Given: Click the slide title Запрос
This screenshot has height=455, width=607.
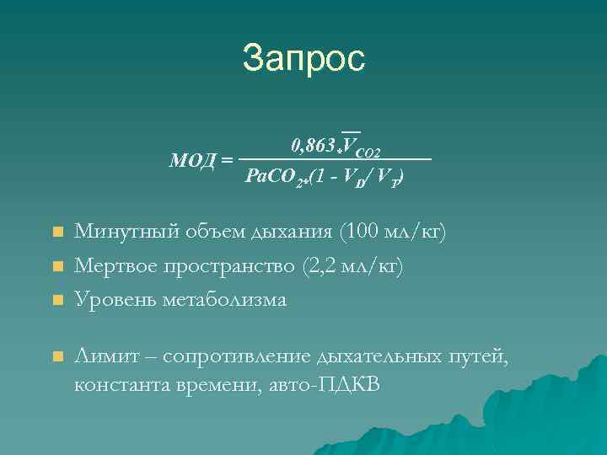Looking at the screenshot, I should [303, 58].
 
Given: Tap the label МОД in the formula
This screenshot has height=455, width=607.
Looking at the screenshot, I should [193, 159].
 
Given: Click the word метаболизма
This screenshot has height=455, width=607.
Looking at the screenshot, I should [223, 299].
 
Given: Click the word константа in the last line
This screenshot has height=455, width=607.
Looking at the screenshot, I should [123, 385].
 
